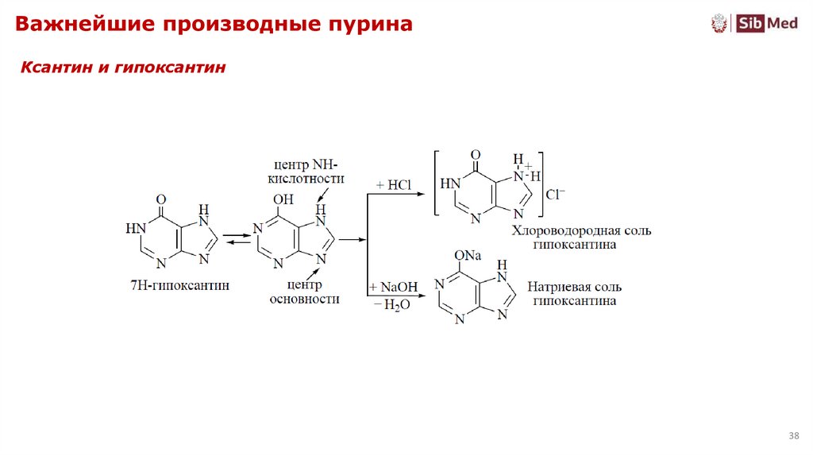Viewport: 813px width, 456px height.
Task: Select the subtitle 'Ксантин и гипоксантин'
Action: point(123,68)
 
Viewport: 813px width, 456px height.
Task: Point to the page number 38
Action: point(793,436)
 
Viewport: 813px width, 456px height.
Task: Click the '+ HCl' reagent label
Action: point(393,184)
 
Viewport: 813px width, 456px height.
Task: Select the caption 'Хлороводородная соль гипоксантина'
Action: point(581,238)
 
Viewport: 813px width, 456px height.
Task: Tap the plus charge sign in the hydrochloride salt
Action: point(527,166)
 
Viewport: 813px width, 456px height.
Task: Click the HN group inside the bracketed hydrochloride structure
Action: point(450,184)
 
